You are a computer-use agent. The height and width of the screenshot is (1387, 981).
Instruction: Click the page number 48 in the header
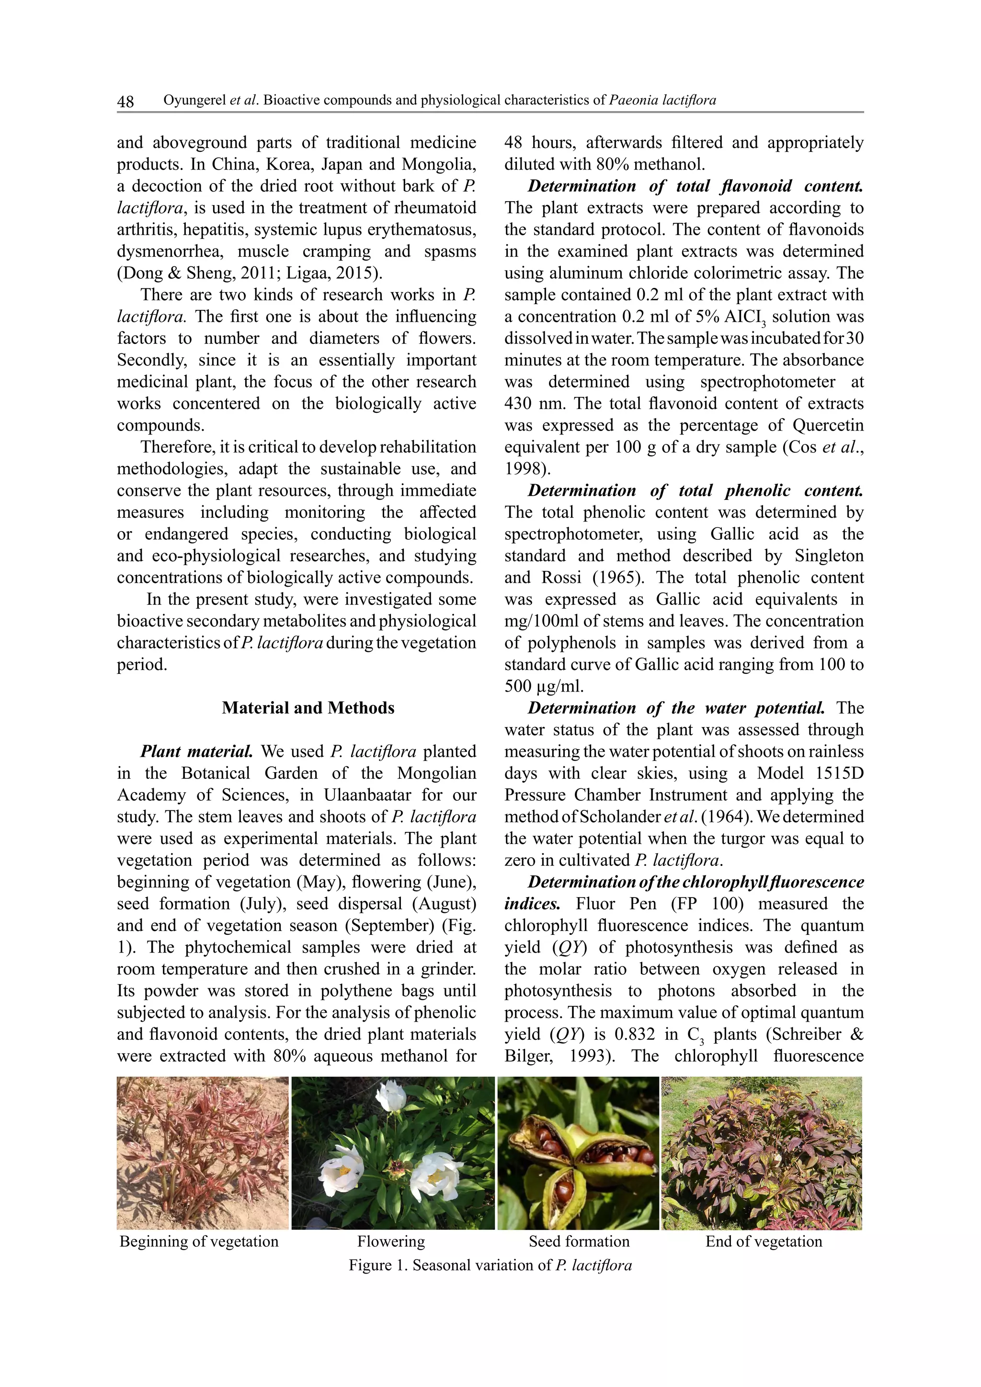tap(125, 101)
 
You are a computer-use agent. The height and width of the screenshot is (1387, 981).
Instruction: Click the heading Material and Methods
tap(308, 708)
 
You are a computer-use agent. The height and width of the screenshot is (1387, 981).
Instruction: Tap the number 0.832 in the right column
tap(634, 1034)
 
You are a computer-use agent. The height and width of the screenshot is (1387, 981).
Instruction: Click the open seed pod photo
tap(578, 1153)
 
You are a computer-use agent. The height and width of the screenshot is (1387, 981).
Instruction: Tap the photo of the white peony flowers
tap(393, 1153)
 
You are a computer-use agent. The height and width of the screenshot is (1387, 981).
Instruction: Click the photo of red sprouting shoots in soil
tap(202, 1153)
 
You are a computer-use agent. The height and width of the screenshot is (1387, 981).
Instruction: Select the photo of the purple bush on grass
tap(762, 1153)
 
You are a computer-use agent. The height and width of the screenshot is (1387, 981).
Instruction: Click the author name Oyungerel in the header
tap(194, 100)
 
